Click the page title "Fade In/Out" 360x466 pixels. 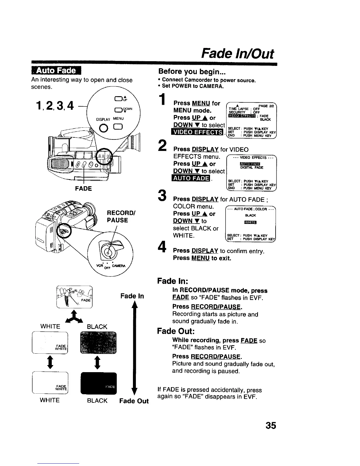point(237,54)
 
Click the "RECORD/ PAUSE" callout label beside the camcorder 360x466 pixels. point(117,216)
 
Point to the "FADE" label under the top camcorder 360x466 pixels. point(84,189)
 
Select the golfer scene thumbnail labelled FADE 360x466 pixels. point(74,297)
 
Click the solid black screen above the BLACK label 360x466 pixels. point(98,383)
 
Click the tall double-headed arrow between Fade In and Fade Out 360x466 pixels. point(134,347)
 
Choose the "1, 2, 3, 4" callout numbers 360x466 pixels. point(54,105)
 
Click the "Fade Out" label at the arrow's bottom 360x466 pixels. point(134,401)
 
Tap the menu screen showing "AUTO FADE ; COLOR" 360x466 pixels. point(251,224)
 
